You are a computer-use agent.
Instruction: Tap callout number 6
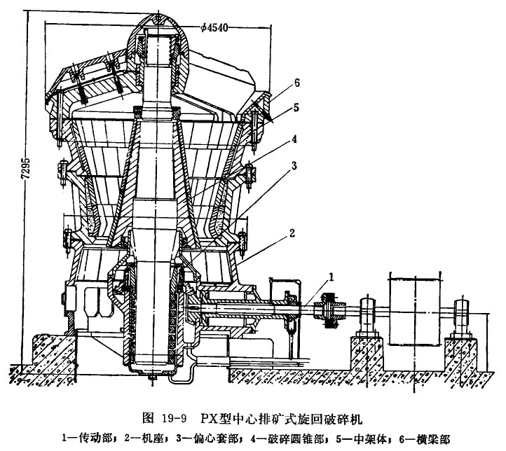tap(297, 83)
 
